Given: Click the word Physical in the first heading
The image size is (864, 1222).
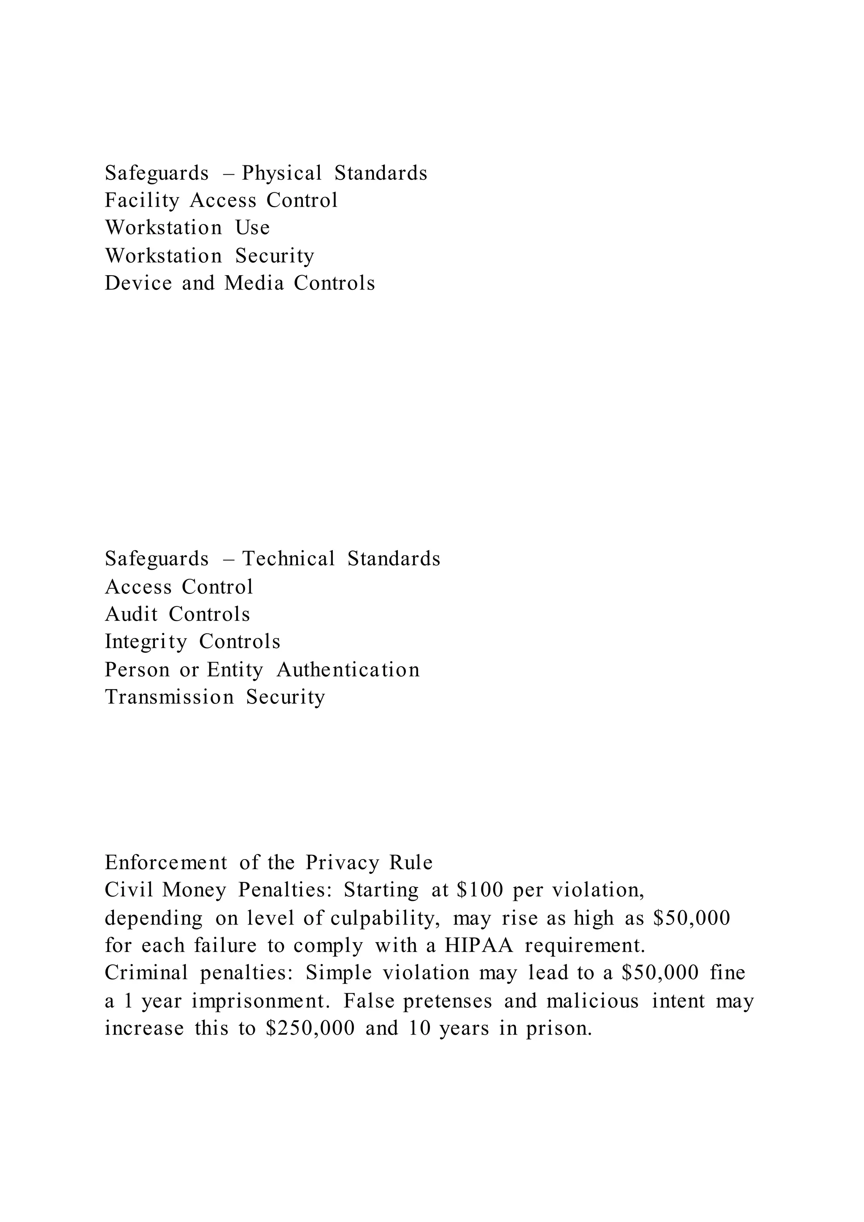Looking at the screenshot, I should (x=281, y=173).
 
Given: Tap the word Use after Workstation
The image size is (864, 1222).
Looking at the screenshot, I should (x=253, y=228).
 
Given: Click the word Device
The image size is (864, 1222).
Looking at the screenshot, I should (x=138, y=283).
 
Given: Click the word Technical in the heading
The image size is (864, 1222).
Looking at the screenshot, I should (x=289, y=559).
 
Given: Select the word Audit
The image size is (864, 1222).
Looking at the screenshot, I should (x=131, y=614).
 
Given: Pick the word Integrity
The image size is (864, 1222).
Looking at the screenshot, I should (x=146, y=642).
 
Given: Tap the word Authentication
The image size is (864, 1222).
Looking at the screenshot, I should (x=348, y=670).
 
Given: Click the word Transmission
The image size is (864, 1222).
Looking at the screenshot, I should (x=169, y=697).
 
